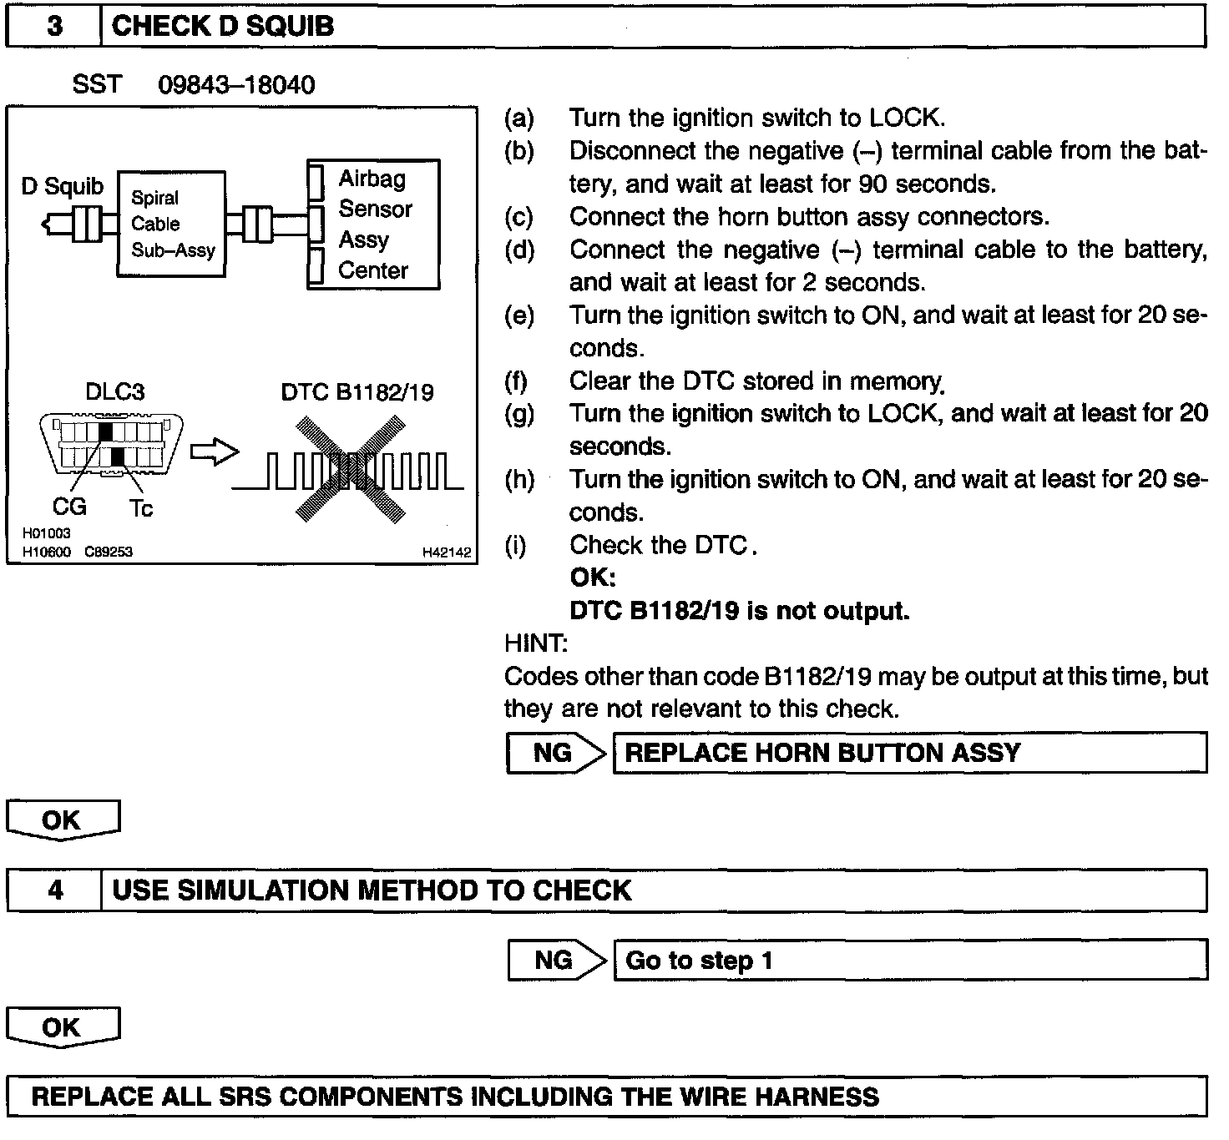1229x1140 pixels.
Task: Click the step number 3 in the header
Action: [x=54, y=27]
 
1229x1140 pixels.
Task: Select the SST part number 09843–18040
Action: [x=236, y=85]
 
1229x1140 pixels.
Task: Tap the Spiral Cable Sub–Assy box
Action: [x=171, y=224]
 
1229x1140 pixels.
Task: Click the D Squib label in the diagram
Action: [x=63, y=186]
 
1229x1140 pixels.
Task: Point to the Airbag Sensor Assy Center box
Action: [x=374, y=224]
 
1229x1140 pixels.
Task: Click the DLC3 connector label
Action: [x=114, y=392]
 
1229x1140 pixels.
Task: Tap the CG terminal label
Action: [x=69, y=507]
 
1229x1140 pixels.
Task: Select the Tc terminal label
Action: [x=141, y=508]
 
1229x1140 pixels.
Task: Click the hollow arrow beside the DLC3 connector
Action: [x=215, y=452]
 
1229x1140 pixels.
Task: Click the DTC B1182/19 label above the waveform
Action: [x=357, y=392]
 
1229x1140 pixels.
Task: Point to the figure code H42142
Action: [x=447, y=552]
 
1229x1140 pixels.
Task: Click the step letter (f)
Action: [x=517, y=381]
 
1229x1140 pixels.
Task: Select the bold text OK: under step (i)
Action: [x=592, y=578]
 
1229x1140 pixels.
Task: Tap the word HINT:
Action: [x=536, y=643]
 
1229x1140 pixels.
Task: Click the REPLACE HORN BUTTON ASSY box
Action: [x=909, y=753]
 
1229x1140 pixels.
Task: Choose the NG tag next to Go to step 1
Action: [x=554, y=960]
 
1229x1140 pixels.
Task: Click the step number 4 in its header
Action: [x=55, y=890]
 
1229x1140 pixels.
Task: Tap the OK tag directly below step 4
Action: [x=62, y=1027]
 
